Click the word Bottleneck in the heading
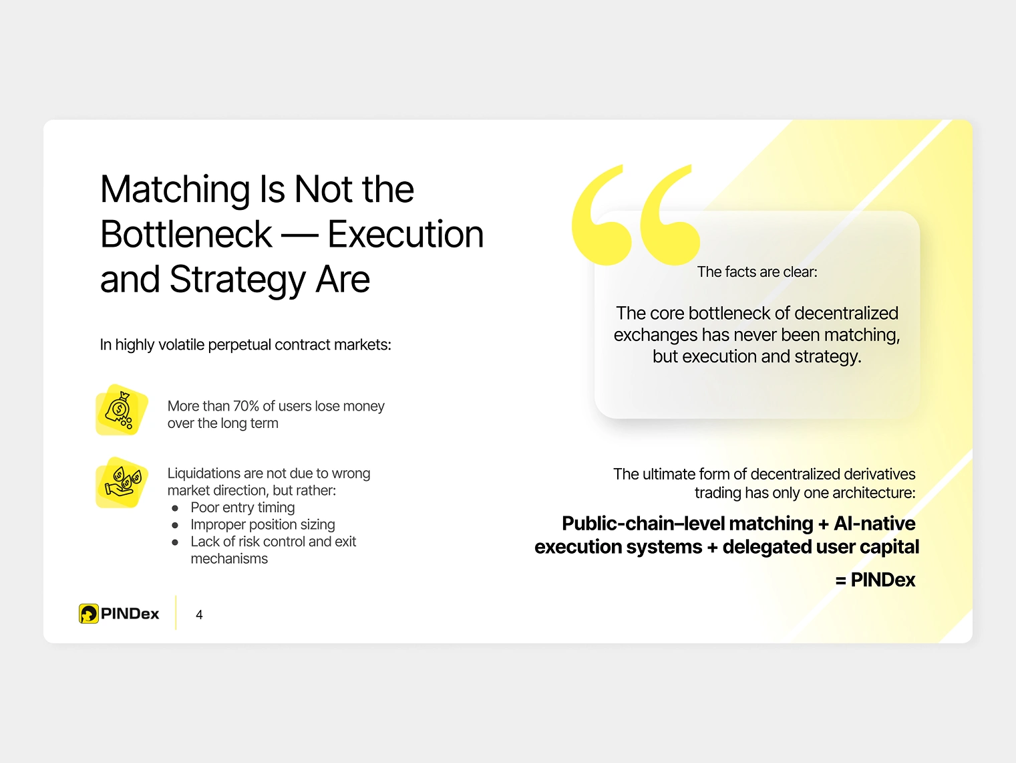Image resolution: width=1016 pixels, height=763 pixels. point(186,234)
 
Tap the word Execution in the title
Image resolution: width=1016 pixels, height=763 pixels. point(405,234)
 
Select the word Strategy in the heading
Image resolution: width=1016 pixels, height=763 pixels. point(237,280)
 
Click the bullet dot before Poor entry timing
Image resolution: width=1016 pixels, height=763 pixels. point(175,508)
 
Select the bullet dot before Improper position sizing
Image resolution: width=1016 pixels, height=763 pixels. point(175,526)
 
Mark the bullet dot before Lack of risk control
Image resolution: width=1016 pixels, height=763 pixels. point(175,542)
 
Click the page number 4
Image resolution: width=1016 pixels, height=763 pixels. point(200,615)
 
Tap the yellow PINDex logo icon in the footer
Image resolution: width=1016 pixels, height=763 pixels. point(88,614)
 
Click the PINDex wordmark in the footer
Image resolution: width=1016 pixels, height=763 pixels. point(130,614)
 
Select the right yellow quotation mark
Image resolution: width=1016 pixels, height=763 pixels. point(669,215)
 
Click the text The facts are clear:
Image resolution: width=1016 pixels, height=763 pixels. point(757,272)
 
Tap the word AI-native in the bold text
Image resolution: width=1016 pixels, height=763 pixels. point(874,524)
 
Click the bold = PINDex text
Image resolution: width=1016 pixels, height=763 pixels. point(875,580)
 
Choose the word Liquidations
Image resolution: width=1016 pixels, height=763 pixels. point(204,474)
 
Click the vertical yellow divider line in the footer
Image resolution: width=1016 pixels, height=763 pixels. point(176,613)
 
